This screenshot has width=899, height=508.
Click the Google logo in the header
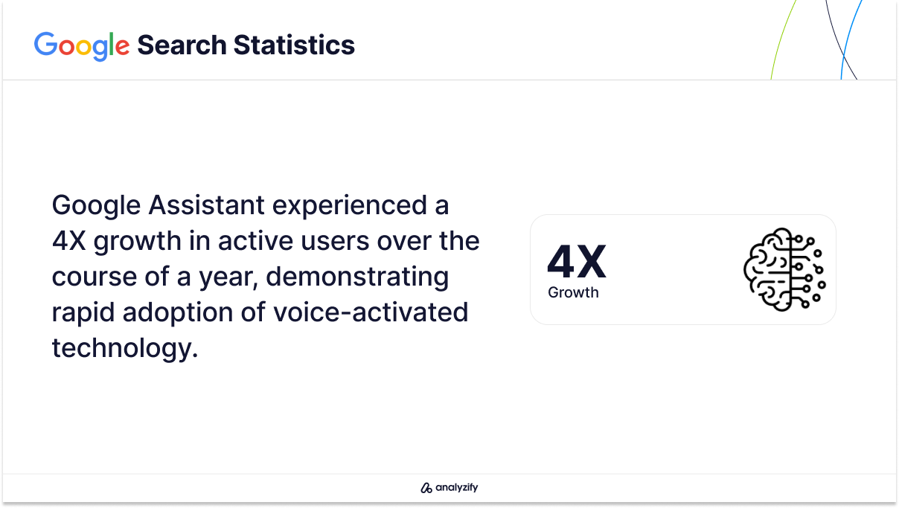(82, 46)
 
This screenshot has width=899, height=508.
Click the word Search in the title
(182, 45)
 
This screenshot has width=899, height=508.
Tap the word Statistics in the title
(294, 45)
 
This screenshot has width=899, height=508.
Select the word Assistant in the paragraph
(206, 205)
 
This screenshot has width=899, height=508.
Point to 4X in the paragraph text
(68, 241)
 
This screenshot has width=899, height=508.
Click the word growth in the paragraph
(137, 242)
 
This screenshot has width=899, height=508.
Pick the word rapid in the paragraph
(83, 314)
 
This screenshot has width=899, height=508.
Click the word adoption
(177, 314)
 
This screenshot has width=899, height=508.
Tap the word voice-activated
(371, 312)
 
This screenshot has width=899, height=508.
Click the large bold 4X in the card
(577, 262)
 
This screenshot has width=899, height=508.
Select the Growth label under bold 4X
(573, 292)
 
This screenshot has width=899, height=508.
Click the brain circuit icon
(784, 270)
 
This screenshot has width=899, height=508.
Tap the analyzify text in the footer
(457, 487)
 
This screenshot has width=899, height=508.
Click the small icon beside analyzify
(426, 488)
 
